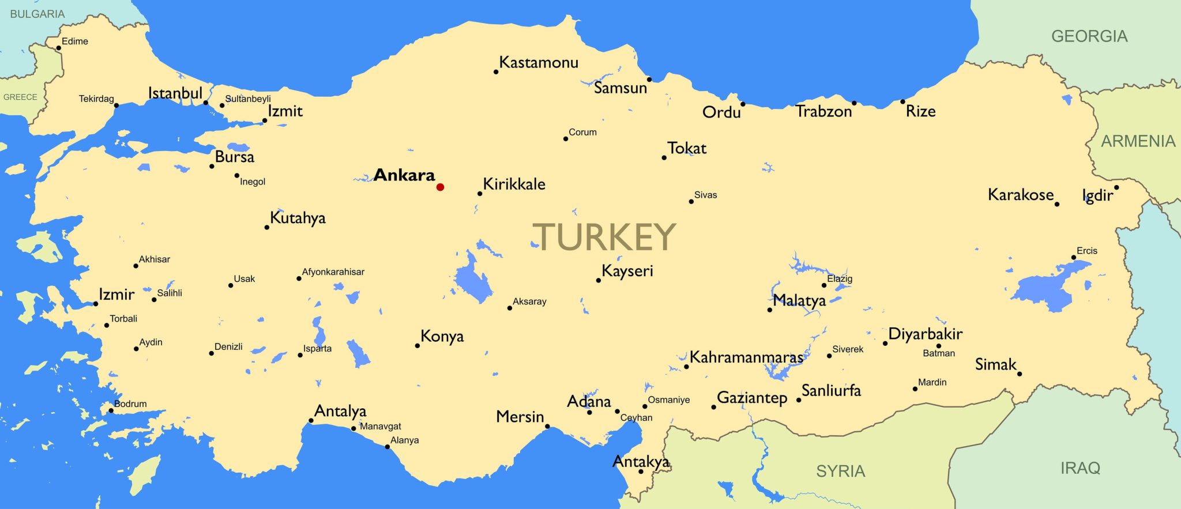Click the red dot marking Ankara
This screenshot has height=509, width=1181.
tap(440, 187)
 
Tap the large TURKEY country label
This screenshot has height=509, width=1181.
tap(603, 236)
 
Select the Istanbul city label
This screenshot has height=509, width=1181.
tap(175, 93)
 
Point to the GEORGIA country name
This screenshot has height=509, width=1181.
tap(1089, 36)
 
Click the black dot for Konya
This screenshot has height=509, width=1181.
tap(418, 346)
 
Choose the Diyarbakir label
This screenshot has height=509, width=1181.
tap(925, 334)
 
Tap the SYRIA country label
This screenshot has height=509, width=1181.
tap(840, 472)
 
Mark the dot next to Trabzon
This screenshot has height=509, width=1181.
tap(854, 103)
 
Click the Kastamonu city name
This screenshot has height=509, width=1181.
tap(539, 62)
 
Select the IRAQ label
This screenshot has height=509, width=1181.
tap(1080, 468)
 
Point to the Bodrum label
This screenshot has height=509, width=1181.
tap(130, 404)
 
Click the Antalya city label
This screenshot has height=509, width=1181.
tap(340, 411)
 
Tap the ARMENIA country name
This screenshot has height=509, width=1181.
tap(1138, 141)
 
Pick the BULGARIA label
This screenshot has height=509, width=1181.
tap(37, 14)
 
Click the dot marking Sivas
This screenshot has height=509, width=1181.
tap(691, 202)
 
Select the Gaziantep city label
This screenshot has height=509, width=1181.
tap(752, 398)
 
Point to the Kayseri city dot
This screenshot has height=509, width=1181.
tap(599, 281)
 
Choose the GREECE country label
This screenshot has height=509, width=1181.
tap(20, 97)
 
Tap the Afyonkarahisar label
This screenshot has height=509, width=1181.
tap(333, 272)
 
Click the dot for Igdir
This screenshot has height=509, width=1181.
tap(1116, 187)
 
